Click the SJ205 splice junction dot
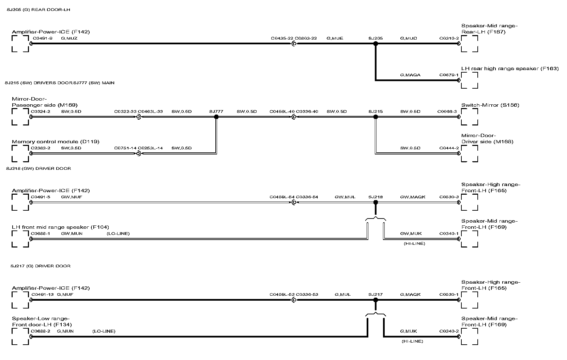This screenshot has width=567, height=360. (376, 44)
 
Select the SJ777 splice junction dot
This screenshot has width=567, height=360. (216, 117)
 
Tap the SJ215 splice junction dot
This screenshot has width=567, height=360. (376, 117)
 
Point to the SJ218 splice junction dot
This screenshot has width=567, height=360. (376, 202)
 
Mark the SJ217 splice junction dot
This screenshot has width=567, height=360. (376, 300)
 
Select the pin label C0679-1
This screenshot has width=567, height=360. (449, 75)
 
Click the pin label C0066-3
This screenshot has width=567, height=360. (447, 111)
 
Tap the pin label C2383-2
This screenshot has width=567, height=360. (41, 148)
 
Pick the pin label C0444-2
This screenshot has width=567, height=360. (449, 148)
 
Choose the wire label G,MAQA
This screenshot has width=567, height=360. (410, 75)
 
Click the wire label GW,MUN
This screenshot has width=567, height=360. (72, 234)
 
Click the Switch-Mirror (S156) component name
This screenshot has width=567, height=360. (490, 105)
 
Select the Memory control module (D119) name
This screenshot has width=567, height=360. (56, 141)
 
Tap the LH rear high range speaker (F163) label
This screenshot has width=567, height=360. (510, 69)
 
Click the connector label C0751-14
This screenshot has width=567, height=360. (125, 148)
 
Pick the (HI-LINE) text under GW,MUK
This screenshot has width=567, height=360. (414, 243)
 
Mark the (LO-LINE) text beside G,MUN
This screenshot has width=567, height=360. (104, 331)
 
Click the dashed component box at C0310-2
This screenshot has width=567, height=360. (469, 44)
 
